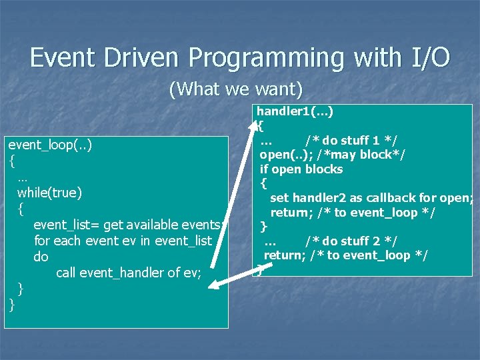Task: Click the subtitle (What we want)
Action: point(236,88)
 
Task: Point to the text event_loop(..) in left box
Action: point(49,145)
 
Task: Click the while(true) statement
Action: point(50,193)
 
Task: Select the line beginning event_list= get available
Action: point(130,225)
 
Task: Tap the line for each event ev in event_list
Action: point(123,241)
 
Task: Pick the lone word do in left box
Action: point(41,257)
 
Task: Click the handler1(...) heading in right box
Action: point(295,111)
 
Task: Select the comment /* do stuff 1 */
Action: point(351,140)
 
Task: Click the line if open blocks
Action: point(301,169)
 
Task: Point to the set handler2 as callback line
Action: point(371,198)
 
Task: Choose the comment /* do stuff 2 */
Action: point(351,241)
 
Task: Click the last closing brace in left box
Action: point(12,305)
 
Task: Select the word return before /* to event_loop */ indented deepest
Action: point(289,213)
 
